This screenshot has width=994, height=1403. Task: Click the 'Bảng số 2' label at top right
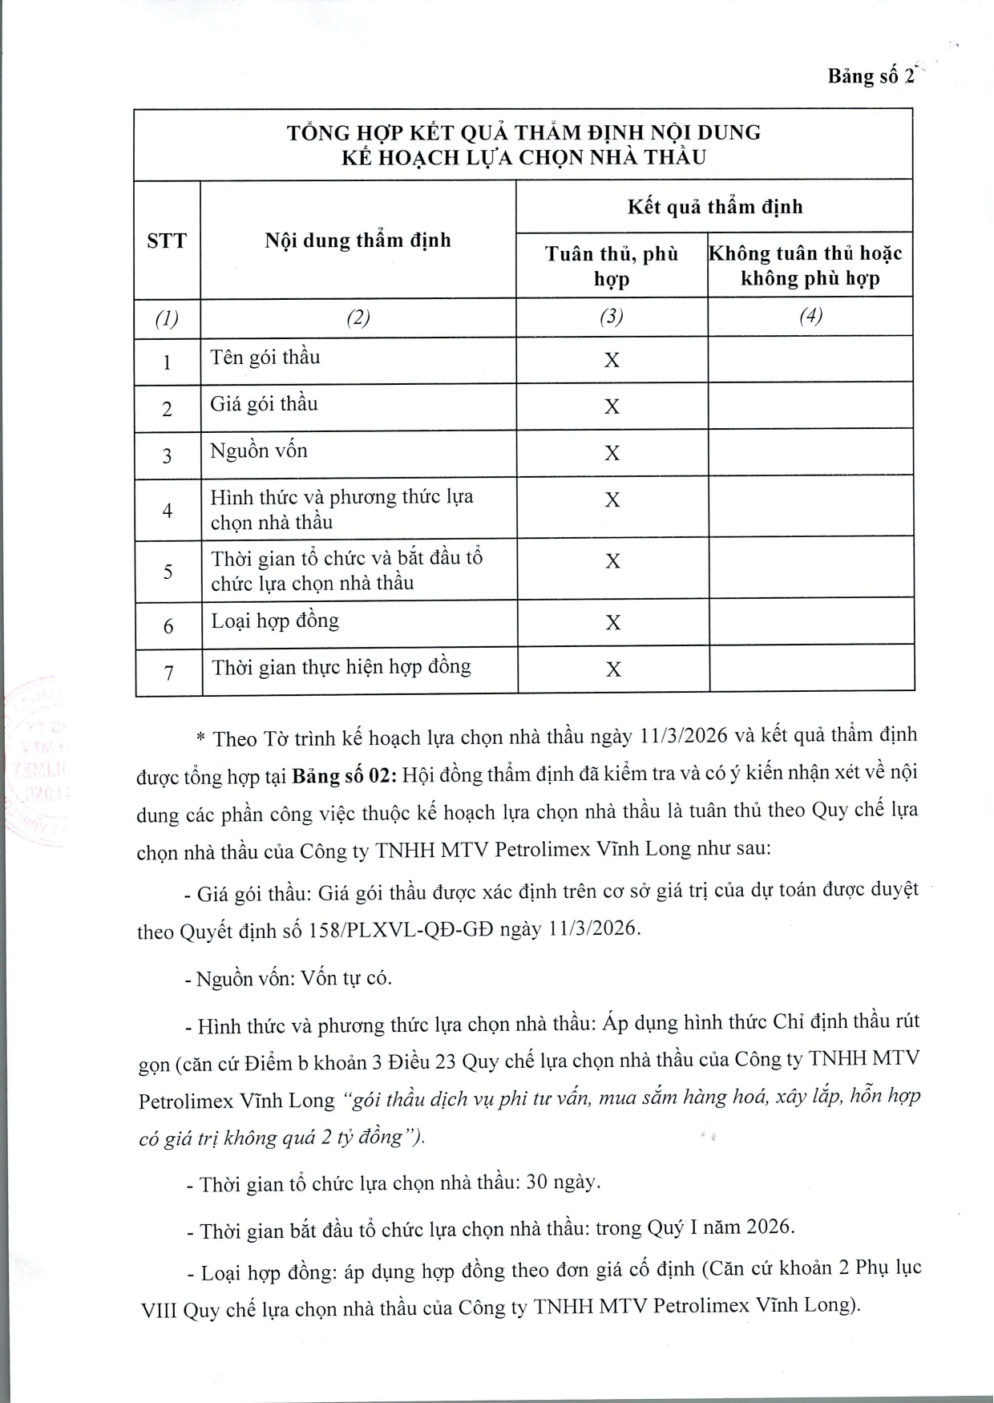pyautogui.click(x=871, y=76)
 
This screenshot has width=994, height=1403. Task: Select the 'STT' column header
pyautogui.click(x=167, y=241)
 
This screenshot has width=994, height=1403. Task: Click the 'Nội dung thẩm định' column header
pyautogui.click(x=358, y=240)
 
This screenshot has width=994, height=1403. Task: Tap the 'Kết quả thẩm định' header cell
pyautogui.click(x=714, y=207)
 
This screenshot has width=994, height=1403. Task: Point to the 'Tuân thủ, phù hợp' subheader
pyautogui.click(x=612, y=266)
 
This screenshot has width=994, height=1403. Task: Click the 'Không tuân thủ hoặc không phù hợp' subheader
pyautogui.click(x=810, y=266)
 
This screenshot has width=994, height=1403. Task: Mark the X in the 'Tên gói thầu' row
pyautogui.click(x=612, y=360)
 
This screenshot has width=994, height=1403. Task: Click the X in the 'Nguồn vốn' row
pyautogui.click(x=612, y=454)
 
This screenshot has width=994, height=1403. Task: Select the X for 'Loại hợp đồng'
pyautogui.click(x=613, y=623)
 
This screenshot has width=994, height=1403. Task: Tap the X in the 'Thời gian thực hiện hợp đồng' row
pyautogui.click(x=613, y=669)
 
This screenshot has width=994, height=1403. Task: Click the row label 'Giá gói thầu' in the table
pyautogui.click(x=264, y=403)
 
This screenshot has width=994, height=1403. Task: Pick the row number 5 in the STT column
pyautogui.click(x=168, y=572)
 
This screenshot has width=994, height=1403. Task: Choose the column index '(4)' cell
pyautogui.click(x=810, y=317)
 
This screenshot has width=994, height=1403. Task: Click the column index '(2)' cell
pyautogui.click(x=358, y=317)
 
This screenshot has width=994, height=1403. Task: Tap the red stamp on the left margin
pyautogui.click(x=36, y=762)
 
